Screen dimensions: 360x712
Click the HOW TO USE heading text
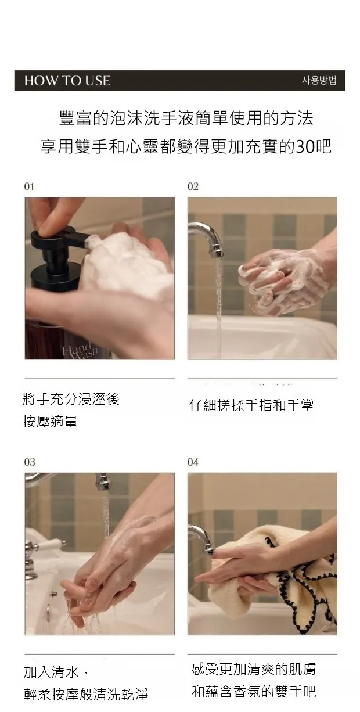click(67, 81)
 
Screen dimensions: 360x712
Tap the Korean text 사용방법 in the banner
click(319, 80)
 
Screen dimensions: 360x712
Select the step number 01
click(29, 186)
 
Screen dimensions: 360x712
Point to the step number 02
click(193, 186)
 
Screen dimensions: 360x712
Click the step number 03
click(30, 462)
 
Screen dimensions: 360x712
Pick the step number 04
click(193, 462)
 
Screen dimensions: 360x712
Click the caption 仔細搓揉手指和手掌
click(251, 405)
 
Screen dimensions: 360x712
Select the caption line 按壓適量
click(50, 422)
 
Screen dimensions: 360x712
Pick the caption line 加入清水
click(51, 671)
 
